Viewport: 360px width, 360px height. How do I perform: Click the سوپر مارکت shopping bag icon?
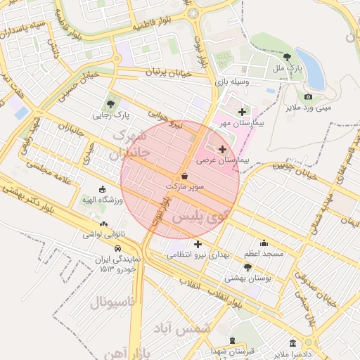coord(184,176)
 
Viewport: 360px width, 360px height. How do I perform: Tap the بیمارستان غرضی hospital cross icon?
coord(223,149)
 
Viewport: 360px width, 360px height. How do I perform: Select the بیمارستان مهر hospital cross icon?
coord(243,112)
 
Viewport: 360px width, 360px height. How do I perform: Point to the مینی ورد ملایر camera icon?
coord(308,96)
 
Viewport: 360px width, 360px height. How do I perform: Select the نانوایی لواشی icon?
coord(104,224)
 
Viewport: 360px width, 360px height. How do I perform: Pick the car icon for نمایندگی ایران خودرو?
coord(117,248)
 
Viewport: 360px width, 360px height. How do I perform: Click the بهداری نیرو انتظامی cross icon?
coord(198,244)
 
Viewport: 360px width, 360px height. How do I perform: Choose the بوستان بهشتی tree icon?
coord(247,267)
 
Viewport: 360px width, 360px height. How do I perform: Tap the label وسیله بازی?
coord(236,82)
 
